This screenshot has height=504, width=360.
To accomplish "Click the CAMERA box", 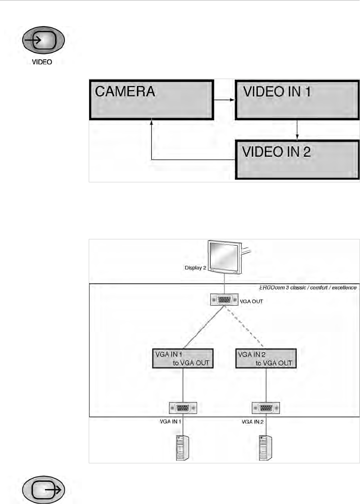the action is point(151,100).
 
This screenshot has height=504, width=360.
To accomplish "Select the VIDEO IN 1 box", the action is point(297,100).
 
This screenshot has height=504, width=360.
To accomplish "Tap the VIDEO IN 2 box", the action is point(297,160).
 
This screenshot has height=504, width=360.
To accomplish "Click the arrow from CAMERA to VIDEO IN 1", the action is point(224,100).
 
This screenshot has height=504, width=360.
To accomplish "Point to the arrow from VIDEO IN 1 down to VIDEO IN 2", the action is point(297,130).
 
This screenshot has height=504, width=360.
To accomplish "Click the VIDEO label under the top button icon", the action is point(42,62).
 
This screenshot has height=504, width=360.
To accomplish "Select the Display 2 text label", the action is point(195,268).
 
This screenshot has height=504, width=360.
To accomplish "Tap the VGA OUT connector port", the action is point(224,300).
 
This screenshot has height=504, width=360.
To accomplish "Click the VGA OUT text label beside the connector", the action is point(251,301).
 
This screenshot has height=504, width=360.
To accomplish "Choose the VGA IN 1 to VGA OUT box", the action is point(183,359).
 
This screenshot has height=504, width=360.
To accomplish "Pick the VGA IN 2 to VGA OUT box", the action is point(266,359).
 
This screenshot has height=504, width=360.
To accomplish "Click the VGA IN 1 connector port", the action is point(183,408).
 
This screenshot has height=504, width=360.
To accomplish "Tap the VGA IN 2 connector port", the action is point(266,408).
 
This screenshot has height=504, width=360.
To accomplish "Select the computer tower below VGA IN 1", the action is point(182,447).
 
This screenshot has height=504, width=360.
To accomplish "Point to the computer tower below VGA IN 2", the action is point(265,447).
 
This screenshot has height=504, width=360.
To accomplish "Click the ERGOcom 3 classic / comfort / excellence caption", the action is point(308,288).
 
